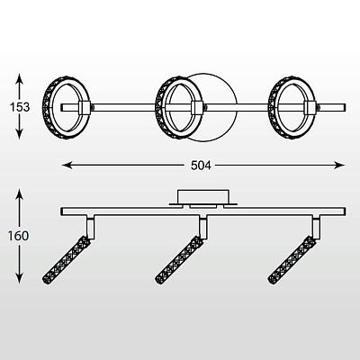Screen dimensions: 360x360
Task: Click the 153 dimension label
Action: tap(20, 107)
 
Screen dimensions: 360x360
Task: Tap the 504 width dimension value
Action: tap(201, 166)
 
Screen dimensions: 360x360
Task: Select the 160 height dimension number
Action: tap(18, 236)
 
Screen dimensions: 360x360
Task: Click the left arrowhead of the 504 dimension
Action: tap(67, 165)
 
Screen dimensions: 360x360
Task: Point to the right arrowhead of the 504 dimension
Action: tap(339, 165)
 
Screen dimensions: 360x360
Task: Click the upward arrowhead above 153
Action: tap(19, 78)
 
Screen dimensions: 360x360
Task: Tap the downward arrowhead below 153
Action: tap(19, 134)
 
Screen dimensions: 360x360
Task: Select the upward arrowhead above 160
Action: tap(19, 194)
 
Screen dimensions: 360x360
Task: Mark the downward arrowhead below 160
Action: tap(19, 278)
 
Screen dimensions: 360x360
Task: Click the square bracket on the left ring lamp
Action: tap(85, 108)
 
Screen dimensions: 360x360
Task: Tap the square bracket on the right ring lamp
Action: tap(310, 108)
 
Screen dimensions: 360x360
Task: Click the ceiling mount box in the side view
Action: tap(203, 196)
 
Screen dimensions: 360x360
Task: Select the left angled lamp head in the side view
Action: tap(67, 260)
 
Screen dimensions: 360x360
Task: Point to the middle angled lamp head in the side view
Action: tap(179, 260)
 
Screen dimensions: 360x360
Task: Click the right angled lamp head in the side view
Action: tap(292, 260)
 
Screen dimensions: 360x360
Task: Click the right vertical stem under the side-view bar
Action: tap(316, 228)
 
